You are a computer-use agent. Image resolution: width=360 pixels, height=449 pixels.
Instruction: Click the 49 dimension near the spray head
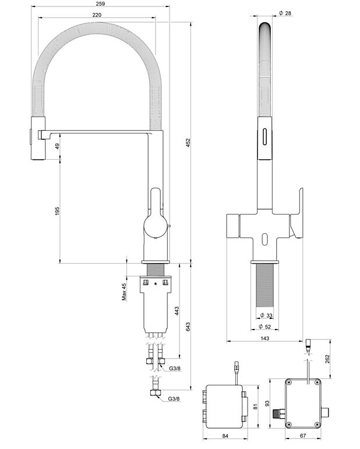(57, 147)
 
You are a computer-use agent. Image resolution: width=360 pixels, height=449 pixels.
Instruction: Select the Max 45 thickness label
(124, 292)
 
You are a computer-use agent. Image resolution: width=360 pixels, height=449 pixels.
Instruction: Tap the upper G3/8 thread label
(174, 369)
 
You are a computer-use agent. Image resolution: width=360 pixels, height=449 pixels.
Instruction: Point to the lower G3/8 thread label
(174, 399)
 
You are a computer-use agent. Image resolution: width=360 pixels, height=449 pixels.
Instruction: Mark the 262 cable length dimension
(327, 358)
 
